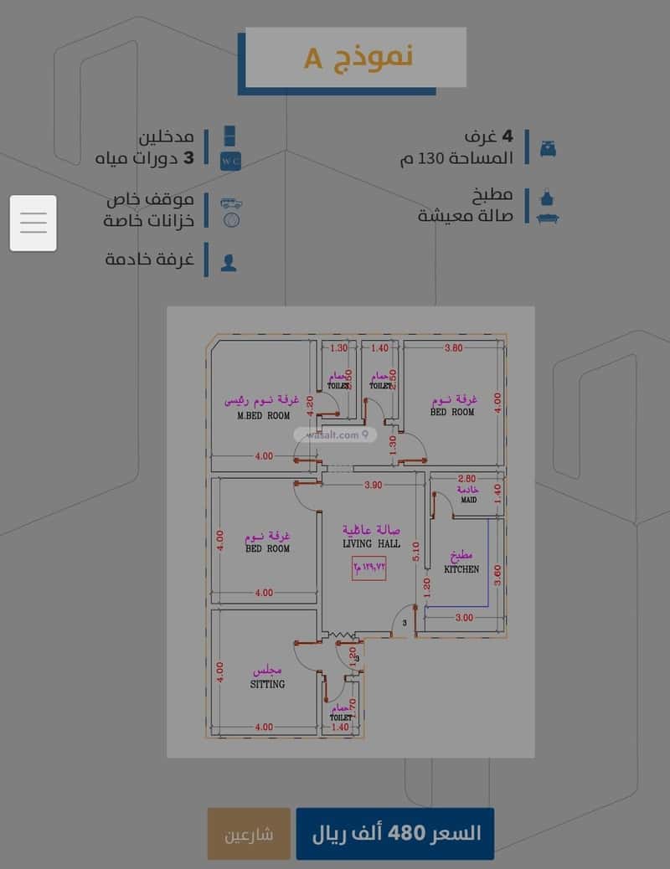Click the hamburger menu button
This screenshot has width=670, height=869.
click(x=33, y=223)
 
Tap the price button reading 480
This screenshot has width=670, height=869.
click(x=394, y=834)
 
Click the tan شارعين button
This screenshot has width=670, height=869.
click(x=249, y=834)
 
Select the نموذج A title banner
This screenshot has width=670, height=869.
click(x=356, y=58)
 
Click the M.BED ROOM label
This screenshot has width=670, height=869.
click(x=263, y=415)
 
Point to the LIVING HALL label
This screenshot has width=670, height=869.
click(x=371, y=544)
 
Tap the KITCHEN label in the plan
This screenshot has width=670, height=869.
click(x=461, y=569)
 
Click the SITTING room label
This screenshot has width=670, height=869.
click(x=267, y=684)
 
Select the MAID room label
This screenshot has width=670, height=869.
click(x=468, y=501)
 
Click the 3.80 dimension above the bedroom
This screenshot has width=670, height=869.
click(x=453, y=348)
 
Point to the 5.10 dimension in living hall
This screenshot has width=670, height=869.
click(x=415, y=550)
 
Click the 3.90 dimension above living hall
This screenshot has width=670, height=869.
click(x=373, y=486)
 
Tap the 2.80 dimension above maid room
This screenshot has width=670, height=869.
click(x=466, y=479)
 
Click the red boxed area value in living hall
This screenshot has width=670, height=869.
click(x=369, y=568)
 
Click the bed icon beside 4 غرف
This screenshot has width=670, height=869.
click(x=549, y=149)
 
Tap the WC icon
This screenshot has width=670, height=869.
click(x=230, y=160)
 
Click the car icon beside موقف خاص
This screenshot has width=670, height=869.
click(x=231, y=203)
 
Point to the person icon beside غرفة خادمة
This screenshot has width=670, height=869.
click(x=229, y=261)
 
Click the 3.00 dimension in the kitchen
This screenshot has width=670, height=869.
click(x=464, y=618)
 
